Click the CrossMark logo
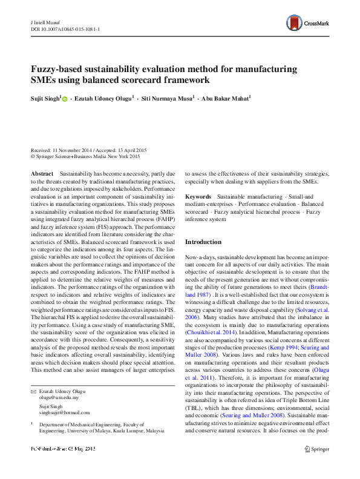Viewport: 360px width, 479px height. pos(307,24)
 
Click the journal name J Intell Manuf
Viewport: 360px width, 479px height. pos(48,22)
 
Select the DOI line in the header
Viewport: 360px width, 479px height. pos(65,28)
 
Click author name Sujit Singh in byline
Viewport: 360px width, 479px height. pos(44,98)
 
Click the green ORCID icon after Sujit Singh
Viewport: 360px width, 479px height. pos(65,99)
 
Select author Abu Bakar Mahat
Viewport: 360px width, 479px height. pos(226,98)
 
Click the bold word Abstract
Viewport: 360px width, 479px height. pos(42,173)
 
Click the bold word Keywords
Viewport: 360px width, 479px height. pos(198,197)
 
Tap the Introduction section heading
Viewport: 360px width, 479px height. pos(203,242)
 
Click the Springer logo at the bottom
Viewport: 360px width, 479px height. pos(318,449)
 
